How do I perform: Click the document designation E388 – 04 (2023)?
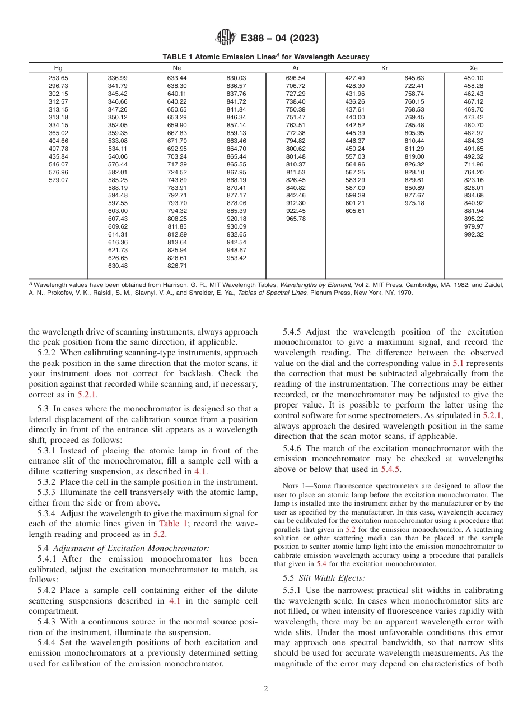(x=279, y=39)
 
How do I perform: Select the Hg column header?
(x=58, y=67)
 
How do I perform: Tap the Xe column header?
(x=473, y=67)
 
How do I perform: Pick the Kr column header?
(x=384, y=67)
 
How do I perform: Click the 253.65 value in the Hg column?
(x=58, y=78)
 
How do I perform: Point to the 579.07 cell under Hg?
(x=58, y=180)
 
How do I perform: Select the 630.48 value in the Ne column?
(x=118, y=266)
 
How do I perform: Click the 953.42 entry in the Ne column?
(x=236, y=258)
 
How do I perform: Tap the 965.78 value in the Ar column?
(x=296, y=219)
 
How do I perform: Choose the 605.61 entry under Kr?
(x=355, y=211)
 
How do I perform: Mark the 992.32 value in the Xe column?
(x=473, y=234)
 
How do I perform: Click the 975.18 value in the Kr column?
(x=414, y=203)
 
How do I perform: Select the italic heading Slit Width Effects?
(x=320, y=577)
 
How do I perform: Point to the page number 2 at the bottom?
(x=266, y=689)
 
